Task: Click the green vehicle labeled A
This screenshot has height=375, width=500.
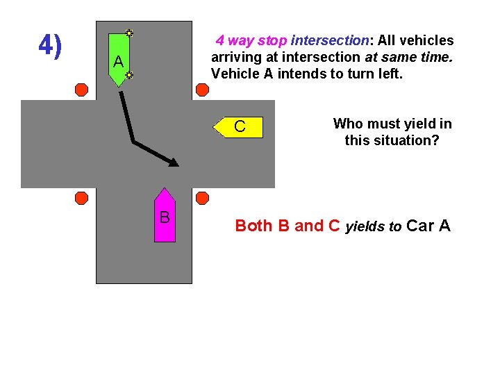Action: pyautogui.click(x=119, y=59)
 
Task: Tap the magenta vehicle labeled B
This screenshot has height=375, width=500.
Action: pyautogui.click(x=165, y=215)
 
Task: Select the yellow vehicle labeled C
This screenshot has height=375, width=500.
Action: pyautogui.click(x=239, y=127)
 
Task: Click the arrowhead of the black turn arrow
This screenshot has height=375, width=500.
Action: pyautogui.click(x=174, y=162)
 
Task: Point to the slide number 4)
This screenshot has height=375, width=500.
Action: pyautogui.click(x=50, y=46)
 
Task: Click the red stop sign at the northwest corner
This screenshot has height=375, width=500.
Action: pyautogui.click(x=81, y=90)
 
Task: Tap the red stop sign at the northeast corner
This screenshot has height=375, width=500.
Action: pyautogui.click(x=202, y=90)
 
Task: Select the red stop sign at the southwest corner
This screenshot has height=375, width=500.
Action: pyautogui.click(x=81, y=198)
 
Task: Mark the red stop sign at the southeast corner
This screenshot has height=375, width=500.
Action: pyautogui.click(x=202, y=198)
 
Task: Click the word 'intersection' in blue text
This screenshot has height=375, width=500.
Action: pyautogui.click(x=329, y=41)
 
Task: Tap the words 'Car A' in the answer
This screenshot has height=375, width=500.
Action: pyautogui.click(x=428, y=226)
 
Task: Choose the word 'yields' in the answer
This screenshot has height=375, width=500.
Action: pyautogui.click(x=365, y=226)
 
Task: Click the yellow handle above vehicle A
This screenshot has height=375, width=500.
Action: pyautogui.click(x=129, y=33)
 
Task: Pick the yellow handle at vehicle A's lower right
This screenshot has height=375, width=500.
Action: pyautogui.click(x=129, y=74)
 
